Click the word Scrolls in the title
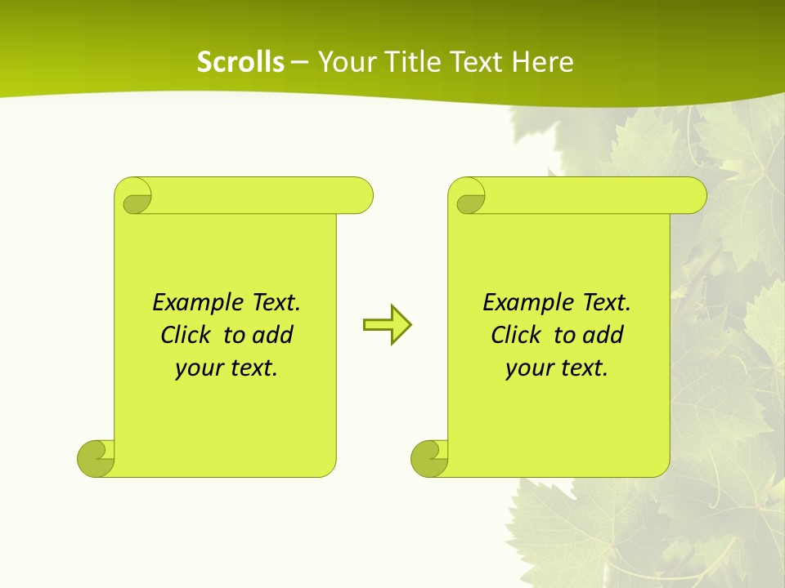pos(241,62)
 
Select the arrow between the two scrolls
pos(388,325)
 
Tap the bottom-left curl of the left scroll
pos(95,459)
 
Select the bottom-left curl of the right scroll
pos(428,459)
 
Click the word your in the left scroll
pos(197,369)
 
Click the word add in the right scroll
pos(603,336)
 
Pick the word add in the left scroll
pos(272,336)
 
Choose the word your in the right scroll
pos(527,369)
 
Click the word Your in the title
pos(342,62)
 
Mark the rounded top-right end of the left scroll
pos(359,195)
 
